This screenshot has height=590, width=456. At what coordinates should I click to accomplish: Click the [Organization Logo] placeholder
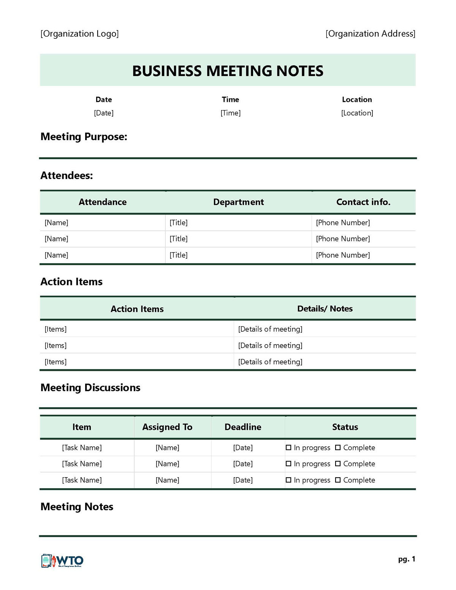click(x=79, y=34)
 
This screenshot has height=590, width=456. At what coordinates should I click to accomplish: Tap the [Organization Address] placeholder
click(x=370, y=34)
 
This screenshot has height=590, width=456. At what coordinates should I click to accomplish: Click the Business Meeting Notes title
click(x=228, y=71)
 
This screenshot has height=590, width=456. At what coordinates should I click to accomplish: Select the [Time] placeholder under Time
click(x=230, y=113)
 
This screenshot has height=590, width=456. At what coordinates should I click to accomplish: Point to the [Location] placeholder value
click(x=357, y=113)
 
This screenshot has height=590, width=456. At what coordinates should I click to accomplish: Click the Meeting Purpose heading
click(x=84, y=137)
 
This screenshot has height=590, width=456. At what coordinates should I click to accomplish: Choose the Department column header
click(x=238, y=202)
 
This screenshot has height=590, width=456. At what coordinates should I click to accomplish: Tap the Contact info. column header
click(x=363, y=202)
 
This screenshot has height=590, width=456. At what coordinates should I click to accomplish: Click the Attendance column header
click(x=103, y=202)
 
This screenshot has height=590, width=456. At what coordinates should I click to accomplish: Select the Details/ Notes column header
click(x=325, y=308)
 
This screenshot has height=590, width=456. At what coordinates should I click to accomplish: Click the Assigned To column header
click(x=167, y=427)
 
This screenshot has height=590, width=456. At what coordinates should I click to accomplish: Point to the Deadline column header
click(x=243, y=427)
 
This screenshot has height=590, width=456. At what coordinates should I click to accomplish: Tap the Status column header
click(x=345, y=427)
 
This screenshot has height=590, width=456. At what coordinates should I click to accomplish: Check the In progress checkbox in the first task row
click(x=288, y=448)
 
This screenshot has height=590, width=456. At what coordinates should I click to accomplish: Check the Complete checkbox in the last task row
click(x=338, y=480)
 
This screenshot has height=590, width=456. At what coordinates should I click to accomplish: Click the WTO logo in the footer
click(x=62, y=560)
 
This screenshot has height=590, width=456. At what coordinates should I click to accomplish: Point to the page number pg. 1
click(x=407, y=559)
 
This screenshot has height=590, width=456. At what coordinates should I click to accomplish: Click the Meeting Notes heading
click(x=77, y=507)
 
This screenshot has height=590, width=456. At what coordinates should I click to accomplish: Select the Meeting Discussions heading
click(x=90, y=388)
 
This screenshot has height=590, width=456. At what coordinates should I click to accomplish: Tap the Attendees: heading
click(x=66, y=176)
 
